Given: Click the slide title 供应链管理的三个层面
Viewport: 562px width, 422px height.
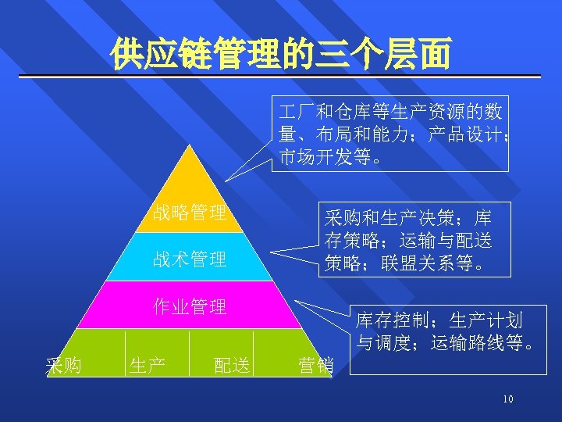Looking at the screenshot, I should pos(280,54).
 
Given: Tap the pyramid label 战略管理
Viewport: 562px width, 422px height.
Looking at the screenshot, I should pos(190,212).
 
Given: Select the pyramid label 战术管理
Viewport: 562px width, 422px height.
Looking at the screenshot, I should pos(190,259).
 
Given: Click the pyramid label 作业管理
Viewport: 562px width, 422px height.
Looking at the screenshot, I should pos(190,306).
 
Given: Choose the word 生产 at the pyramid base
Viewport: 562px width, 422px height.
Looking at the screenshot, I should pos(147,364).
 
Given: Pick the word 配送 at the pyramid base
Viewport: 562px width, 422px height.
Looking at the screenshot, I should pos(232,364).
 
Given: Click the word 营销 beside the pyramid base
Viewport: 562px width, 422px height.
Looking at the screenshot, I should pos(315,364).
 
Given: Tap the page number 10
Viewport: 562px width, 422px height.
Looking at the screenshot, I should pos(507,400).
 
